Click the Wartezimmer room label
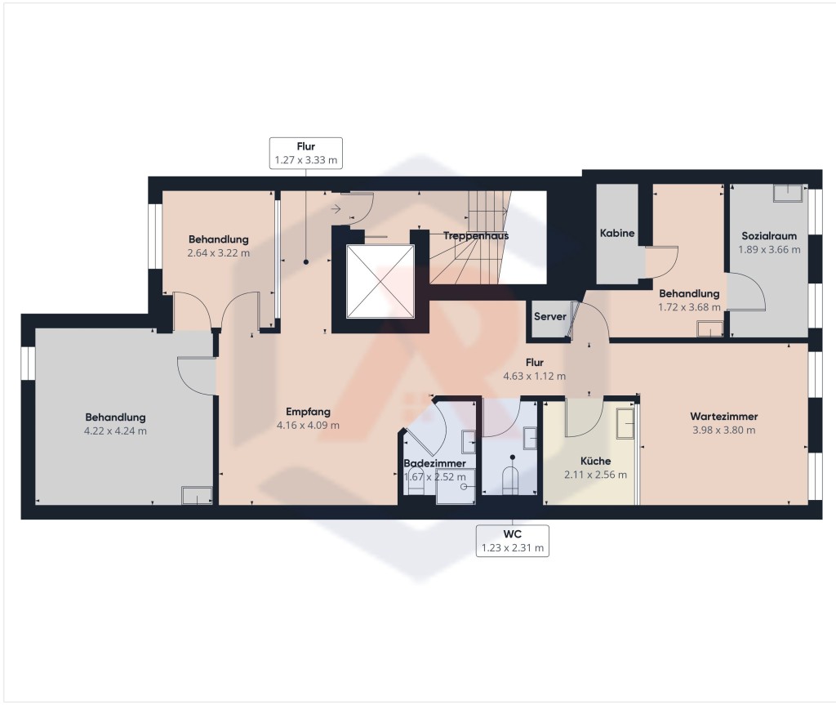click(x=723, y=417)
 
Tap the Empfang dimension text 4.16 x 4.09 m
click(x=308, y=426)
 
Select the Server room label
click(x=549, y=316)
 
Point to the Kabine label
click(x=617, y=233)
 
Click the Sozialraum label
click(x=769, y=236)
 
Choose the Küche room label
click(x=595, y=461)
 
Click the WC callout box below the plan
click(x=512, y=541)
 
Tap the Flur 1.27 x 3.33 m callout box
click(x=305, y=153)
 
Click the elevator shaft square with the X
click(x=380, y=281)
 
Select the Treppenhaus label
click(x=476, y=236)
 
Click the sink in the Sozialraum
click(x=788, y=193)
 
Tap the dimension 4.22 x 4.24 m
click(x=115, y=431)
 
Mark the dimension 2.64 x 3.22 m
click(x=218, y=253)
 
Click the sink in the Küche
click(x=625, y=423)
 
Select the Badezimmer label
click(x=434, y=463)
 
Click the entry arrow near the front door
click(x=336, y=208)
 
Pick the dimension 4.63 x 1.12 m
click(x=534, y=377)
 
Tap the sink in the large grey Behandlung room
click(x=197, y=495)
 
